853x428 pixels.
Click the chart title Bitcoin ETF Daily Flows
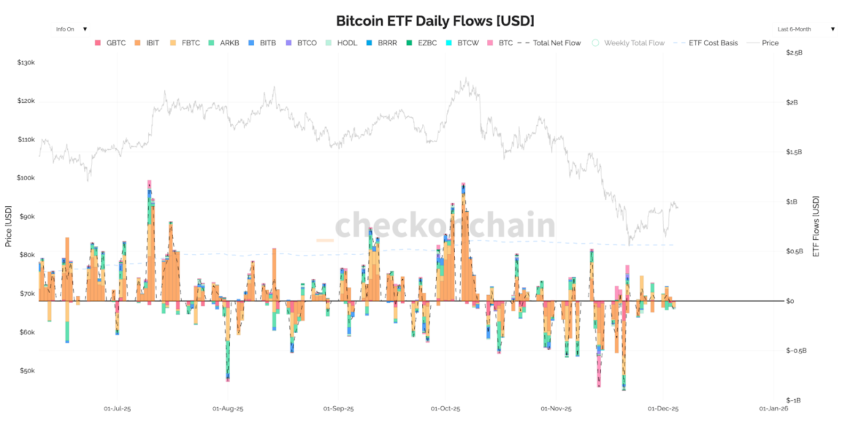click(x=435, y=21)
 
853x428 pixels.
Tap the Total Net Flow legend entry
click(x=557, y=43)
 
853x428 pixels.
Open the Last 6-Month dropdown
click(x=805, y=29)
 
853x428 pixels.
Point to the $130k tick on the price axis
click(x=26, y=62)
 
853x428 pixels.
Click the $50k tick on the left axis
click(x=27, y=370)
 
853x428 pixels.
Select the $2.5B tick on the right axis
click(x=794, y=53)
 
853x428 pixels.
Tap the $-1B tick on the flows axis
click(x=793, y=400)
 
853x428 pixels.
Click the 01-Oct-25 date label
click(x=445, y=409)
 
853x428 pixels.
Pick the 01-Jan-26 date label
click(x=773, y=409)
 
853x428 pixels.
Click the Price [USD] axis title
click(x=8, y=226)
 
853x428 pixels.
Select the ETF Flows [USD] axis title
click(x=816, y=226)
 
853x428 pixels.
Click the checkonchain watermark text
click(x=445, y=225)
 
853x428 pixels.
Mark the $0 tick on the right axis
click(x=790, y=301)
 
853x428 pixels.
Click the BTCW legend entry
click(x=468, y=43)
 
